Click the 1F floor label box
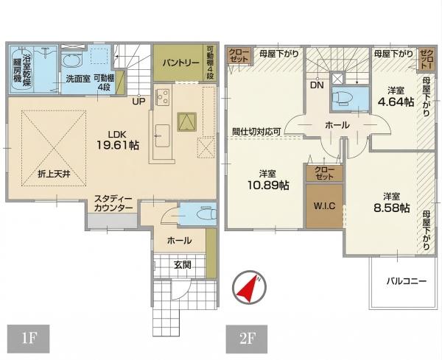(x=29, y=339)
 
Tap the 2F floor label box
(x=247, y=339)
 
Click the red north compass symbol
(x=249, y=288)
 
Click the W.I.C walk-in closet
(x=324, y=206)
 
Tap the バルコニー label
(x=407, y=280)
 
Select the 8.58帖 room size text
(x=392, y=208)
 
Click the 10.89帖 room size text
(x=268, y=185)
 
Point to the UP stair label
(x=138, y=101)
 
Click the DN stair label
(x=317, y=85)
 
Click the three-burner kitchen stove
(x=163, y=97)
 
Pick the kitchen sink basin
(x=162, y=135)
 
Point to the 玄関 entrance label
(x=183, y=265)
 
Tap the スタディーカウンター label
(x=113, y=204)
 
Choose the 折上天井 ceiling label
(x=54, y=174)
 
